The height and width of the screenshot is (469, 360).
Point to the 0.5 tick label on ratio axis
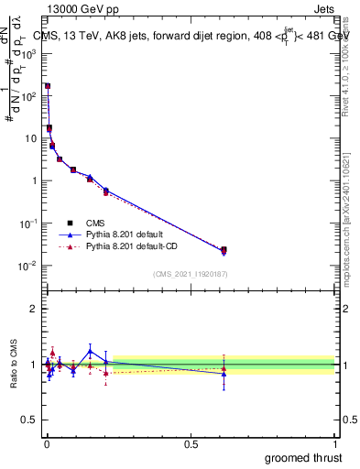[30, 420]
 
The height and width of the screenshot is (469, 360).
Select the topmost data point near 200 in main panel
[48, 86]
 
